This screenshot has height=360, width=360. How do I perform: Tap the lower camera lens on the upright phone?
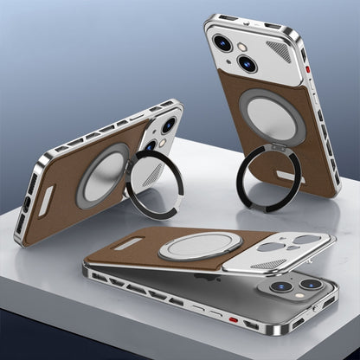point(247,63)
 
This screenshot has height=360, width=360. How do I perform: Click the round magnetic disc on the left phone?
point(103,174)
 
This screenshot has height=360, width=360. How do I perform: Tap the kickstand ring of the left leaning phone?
point(155,183)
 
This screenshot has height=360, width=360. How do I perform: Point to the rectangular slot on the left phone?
point(45,200)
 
